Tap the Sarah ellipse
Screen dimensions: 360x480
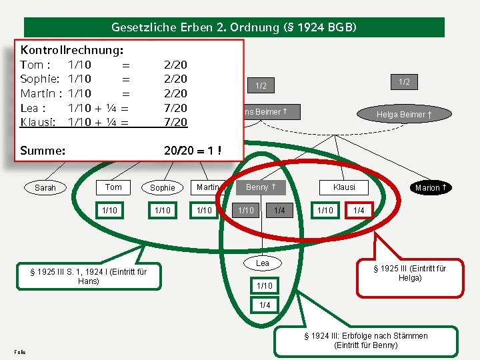tap(45, 187)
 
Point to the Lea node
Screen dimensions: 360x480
tap(263, 263)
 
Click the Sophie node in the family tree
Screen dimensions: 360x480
tap(162, 188)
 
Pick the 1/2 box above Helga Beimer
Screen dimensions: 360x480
tap(405, 81)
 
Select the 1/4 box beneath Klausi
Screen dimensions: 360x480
tap(359, 211)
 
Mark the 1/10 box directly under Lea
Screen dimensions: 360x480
tap(263, 285)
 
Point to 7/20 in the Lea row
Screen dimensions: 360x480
tap(175, 108)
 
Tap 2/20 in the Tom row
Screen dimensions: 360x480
tap(175, 65)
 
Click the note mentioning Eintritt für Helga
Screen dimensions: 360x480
tap(409, 273)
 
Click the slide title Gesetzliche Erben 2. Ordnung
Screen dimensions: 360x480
tap(234, 27)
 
